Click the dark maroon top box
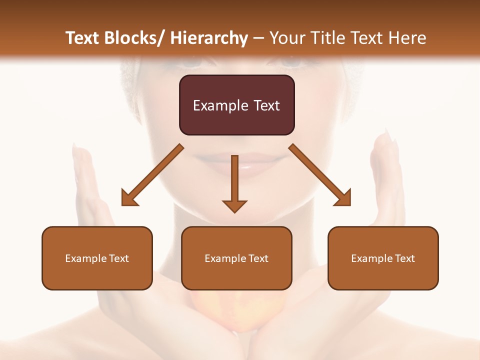coord(236,105)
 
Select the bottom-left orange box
coord(97,258)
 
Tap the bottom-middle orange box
coord(236,258)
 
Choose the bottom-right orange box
coord(383,258)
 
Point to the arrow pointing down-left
coord(152,175)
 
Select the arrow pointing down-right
coord(320,175)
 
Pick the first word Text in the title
coord(83,38)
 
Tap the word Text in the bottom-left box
coord(119,258)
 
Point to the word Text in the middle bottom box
coord(259,258)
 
